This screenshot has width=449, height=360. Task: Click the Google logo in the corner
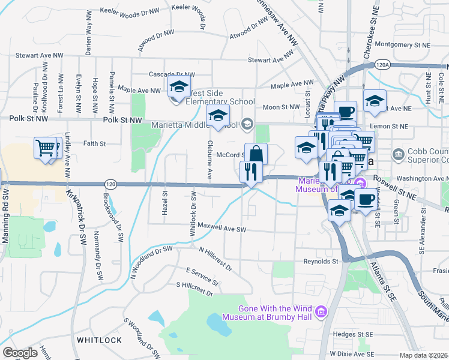click(20, 353)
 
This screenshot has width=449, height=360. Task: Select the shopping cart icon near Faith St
click(46, 147)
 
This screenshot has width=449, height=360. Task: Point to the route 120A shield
click(382, 64)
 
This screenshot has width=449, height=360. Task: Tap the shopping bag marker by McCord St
click(256, 154)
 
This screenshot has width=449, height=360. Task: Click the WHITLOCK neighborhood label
click(99, 340)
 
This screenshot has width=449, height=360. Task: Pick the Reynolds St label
click(321, 262)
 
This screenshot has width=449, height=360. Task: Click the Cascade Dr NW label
click(170, 75)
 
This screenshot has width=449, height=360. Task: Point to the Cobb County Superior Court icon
click(398, 155)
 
